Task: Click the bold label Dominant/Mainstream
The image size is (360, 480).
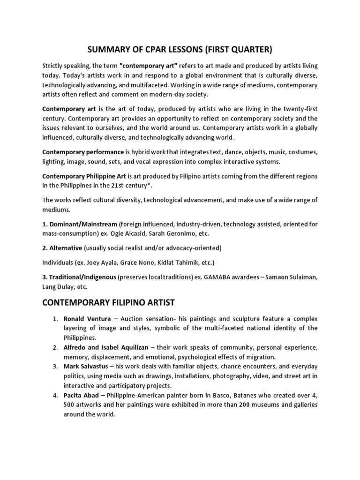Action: [80, 224]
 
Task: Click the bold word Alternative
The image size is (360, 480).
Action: [65, 247]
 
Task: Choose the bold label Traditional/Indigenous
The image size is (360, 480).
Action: [79, 277]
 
